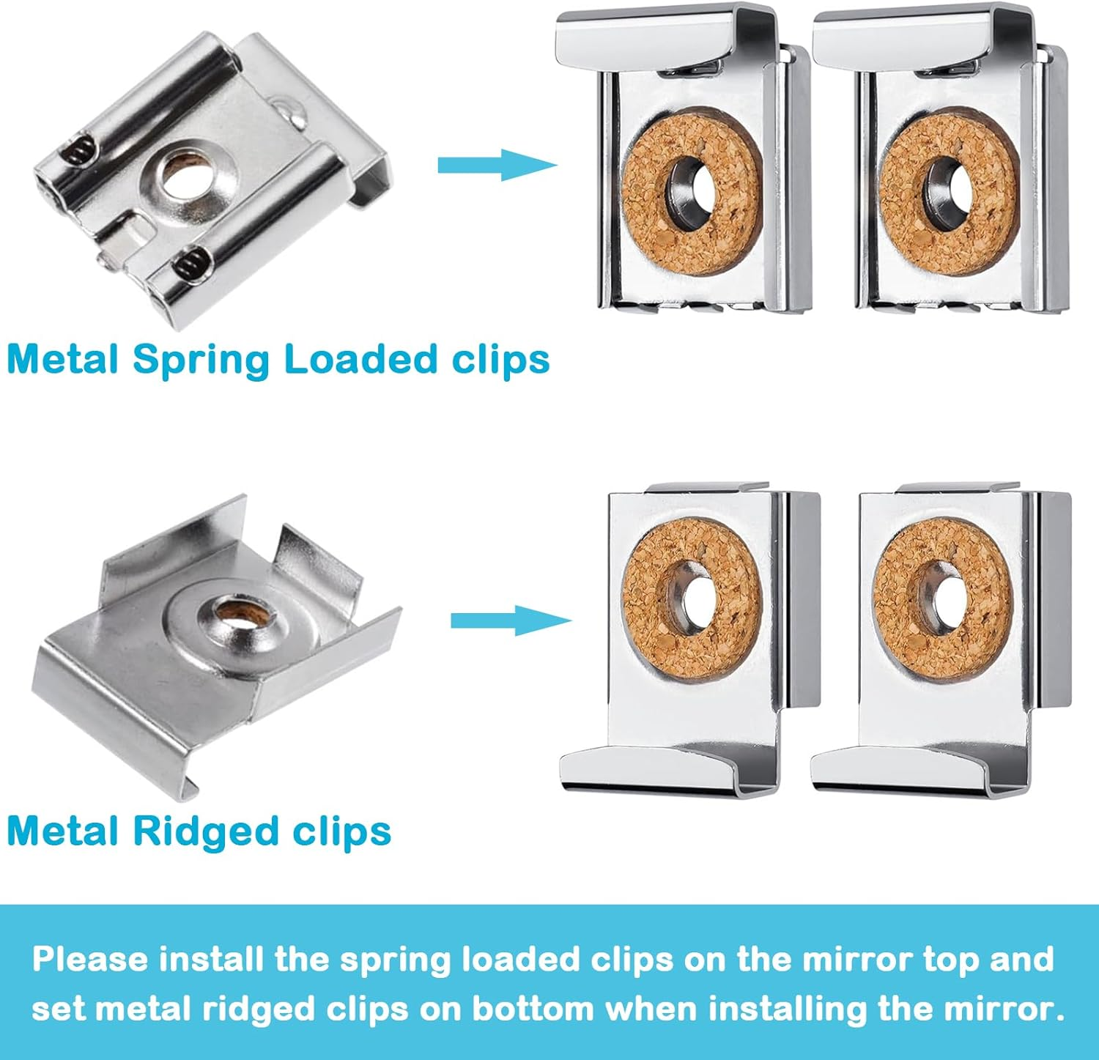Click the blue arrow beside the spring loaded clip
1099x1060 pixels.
[497, 165]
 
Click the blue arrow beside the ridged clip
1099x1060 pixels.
[510, 620]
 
